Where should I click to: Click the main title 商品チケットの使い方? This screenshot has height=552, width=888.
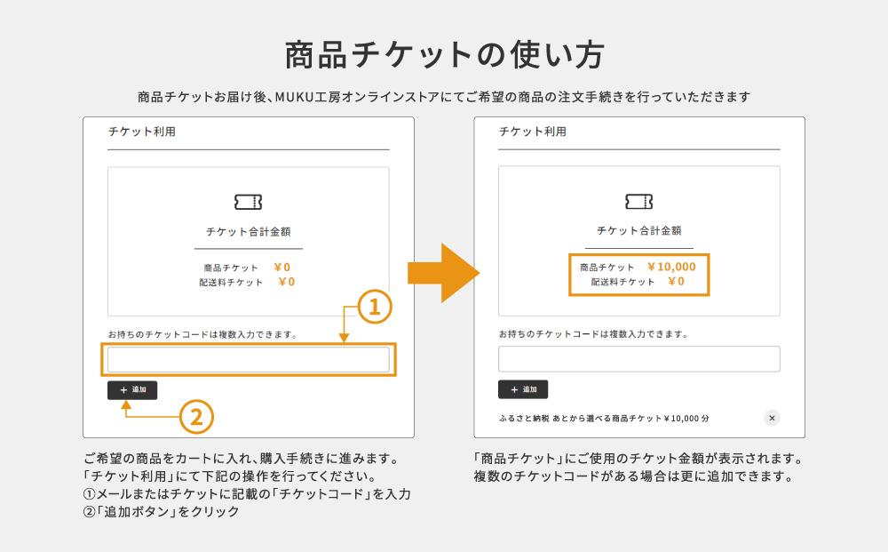444,55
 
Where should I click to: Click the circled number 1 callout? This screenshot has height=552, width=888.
374,308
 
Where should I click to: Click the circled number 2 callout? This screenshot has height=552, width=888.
197,415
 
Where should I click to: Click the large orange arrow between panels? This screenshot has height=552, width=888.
441,274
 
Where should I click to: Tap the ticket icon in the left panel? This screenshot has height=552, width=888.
248,202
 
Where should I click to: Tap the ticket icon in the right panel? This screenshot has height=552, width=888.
638,202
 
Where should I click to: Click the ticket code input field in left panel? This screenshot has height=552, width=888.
248,359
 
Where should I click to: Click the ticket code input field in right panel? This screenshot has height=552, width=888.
638,359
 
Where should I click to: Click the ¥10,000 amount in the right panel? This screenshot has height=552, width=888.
671,267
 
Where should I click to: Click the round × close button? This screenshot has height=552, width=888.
772,418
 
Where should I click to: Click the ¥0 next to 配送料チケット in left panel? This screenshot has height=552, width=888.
286,282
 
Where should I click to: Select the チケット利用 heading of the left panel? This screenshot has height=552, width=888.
141,132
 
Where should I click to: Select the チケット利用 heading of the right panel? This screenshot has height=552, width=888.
532,132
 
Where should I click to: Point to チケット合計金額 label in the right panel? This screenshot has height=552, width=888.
638,231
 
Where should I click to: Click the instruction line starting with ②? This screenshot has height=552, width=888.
161,513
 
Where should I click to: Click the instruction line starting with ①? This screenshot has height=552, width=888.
247,494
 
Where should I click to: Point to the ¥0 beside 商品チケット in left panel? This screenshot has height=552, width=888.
281,267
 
